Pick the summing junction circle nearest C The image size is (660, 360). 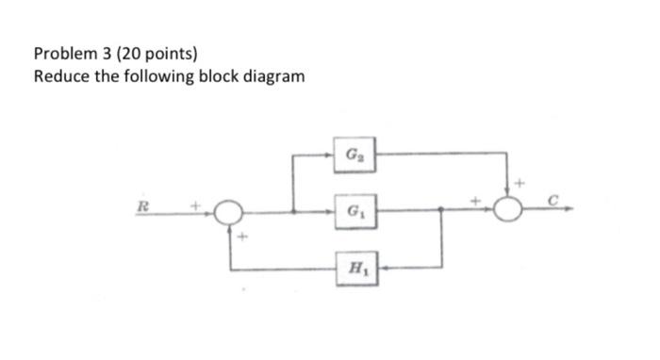click(510, 211)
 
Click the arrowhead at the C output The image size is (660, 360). click(567, 211)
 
